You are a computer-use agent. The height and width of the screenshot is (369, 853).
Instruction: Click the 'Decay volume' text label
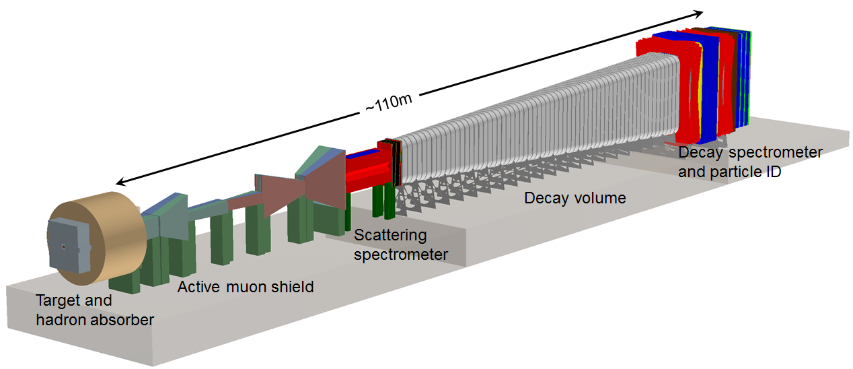pyautogui.click(x=575, y=198)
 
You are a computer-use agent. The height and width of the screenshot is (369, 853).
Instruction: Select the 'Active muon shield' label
pyautogui.click(x=246, y=288)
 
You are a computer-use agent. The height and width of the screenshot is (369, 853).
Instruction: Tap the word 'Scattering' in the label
pyautogui.click(x=391, y=235)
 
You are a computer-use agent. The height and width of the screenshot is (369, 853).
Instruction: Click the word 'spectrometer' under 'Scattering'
pyautogui.click(x=401, y=255)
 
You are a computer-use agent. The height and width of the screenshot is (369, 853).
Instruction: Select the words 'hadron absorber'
pyautogui.click(x=95, y=320)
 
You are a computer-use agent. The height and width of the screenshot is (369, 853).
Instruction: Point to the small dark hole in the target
pyautogui.click(x=63, y=246)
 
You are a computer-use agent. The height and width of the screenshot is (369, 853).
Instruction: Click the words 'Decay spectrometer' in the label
pyautogui.click(x=749, y=152)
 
